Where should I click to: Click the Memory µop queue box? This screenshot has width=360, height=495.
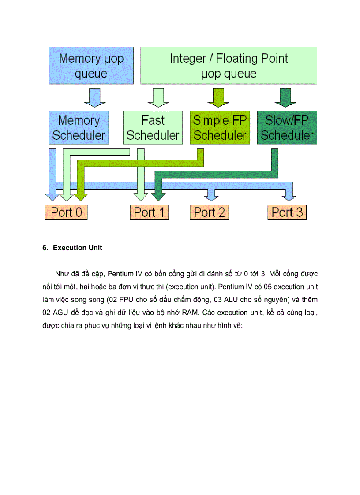point(91,66)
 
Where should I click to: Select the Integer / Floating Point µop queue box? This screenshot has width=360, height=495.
point(229,66)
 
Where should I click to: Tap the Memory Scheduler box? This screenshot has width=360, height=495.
point(79,127)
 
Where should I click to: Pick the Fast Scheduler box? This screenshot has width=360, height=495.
point(153,127)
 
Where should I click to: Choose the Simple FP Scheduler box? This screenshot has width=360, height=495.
point(220,127)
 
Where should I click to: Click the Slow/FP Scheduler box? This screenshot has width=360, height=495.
point(286,127)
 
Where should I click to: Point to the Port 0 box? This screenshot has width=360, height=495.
point(66,212)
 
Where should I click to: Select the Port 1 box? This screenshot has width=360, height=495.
point(150,212)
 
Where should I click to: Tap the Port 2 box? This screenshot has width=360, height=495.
point(210,212)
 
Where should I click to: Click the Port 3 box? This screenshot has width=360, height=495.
point(287,212)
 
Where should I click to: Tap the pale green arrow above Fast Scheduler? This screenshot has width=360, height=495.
point(156,97)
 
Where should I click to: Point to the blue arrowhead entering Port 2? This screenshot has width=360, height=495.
point(213,194)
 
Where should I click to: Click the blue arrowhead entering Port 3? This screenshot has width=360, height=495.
point(289,194)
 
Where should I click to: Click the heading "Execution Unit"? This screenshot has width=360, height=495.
point(78,248)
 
